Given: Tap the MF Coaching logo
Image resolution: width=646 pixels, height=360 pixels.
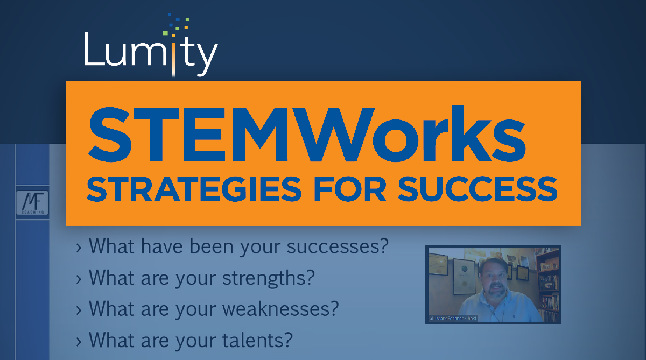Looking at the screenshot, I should (33, 203).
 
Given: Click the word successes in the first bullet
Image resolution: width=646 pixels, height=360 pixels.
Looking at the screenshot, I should (337, 247).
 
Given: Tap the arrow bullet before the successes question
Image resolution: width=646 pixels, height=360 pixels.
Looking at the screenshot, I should (79, 248).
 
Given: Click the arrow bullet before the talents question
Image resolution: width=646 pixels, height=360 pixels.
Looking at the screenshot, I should (79, 341).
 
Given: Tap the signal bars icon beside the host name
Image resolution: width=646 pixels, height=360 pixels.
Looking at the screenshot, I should (431, 319).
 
